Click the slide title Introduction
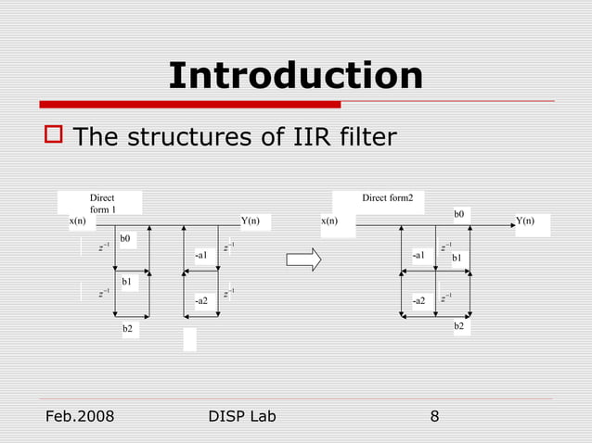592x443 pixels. (295, 76)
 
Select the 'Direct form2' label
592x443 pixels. (388, 197)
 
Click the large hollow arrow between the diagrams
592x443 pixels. (303, 261)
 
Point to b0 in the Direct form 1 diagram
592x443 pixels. (125, 239)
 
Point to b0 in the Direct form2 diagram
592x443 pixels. (459, 214)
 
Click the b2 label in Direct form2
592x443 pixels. (459, 327)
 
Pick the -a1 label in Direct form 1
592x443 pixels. (201, 254)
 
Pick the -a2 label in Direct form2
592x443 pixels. (419, 301)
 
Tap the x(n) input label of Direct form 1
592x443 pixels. (77, 221)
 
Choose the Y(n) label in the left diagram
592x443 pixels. (250, 221)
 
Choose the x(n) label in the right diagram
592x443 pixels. (329, 221)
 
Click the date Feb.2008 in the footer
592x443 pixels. (80, 416)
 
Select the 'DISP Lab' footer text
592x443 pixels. (244, 416)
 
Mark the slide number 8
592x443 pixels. (434, 416)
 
